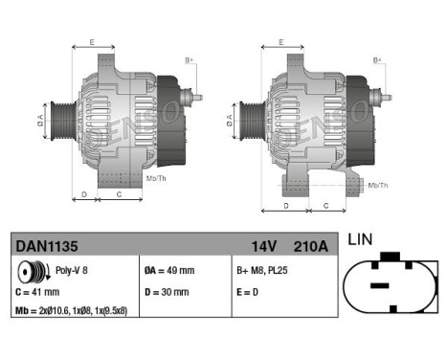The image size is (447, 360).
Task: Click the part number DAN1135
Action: pyautogui.click(x=47, y=246)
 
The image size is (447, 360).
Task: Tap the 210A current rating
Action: pyautogui.click(x=310, y=246)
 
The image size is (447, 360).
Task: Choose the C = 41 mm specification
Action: pyautogui.click(x=38, y=291)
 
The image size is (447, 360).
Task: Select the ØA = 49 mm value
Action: pyautogui.click(x=168, y=271)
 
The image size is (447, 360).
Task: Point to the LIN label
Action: pyautogui.click(x=360, y=239)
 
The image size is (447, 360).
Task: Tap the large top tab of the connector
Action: pyautogui.click(x=391, y=257)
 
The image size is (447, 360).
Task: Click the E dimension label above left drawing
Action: pyautogui.click(x=92, y=43)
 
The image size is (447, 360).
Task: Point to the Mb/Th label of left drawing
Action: pyautogui.click(x=156, y=179)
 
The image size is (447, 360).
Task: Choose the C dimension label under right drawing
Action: pyautogui.click(x=327, y=205)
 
